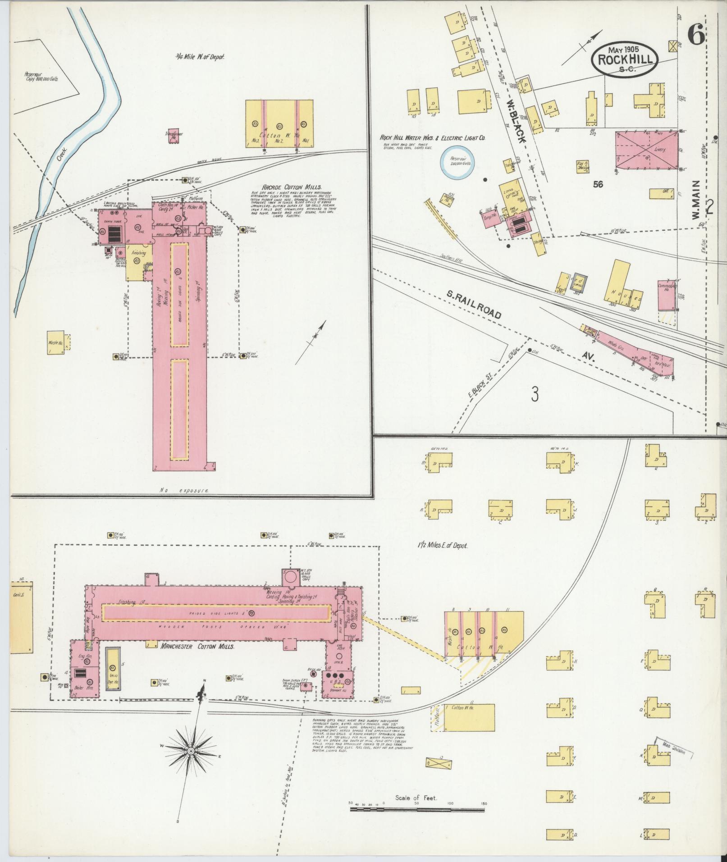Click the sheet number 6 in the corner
696,35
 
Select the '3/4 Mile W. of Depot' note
200,57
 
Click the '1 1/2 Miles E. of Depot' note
442,545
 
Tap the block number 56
598,184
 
